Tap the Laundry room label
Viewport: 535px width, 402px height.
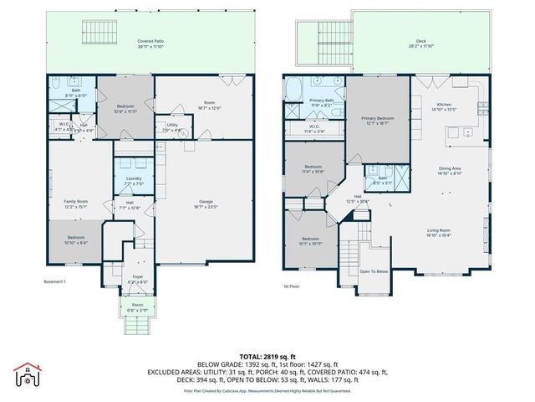[x=134, y=178]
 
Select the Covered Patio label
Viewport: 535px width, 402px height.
[x=150, y=40]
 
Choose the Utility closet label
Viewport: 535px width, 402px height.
[x=172, y=126]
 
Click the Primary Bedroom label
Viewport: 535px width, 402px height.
[x=378, y=119]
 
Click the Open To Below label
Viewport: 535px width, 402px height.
[x=374, y=271]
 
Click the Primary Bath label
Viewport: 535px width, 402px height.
[x=321, y=100]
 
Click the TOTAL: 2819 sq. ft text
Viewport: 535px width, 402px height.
[x=267, y=356]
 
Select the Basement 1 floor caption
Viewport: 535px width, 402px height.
[x=54, y=281]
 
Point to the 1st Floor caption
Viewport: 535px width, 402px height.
[x=292, y=285]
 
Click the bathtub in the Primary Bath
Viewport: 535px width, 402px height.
[x=295, y=88]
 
